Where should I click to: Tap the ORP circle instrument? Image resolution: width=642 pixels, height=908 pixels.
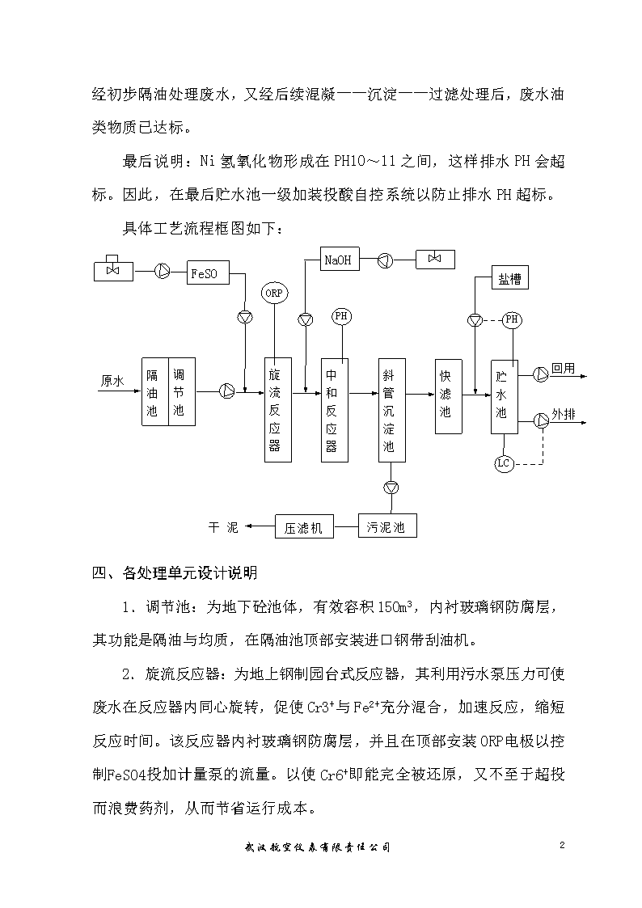click(274, 293)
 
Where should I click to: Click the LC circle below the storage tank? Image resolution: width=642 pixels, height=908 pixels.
click(504, 463)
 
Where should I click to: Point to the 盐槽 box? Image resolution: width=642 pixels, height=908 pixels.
click(510, 278)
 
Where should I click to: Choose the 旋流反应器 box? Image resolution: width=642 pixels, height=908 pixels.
click(278, 410)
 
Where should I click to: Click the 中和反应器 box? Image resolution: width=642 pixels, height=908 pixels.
click(335, 410)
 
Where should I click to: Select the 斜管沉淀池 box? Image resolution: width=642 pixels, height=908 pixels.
click(392, 410)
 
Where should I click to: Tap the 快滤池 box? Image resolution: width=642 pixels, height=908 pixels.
click(449, 396)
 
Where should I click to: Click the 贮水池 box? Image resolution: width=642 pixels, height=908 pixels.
click(505, 397)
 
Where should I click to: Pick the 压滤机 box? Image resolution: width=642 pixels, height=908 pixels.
click(305, 527)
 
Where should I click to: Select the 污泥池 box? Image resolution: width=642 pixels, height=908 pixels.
click(387, 526)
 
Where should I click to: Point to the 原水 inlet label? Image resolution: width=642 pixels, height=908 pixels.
click(112, 381)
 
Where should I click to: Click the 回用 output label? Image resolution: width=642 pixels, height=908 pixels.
click(564, 369)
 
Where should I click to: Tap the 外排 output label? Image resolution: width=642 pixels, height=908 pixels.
click(564, 414)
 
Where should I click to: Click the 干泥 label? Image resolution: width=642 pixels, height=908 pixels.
click(223, 527)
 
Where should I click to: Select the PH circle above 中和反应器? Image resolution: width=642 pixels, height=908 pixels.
click(341, 316)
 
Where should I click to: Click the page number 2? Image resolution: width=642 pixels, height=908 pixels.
click(562, 845)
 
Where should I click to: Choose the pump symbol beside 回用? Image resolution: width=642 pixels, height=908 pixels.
click(541, 374)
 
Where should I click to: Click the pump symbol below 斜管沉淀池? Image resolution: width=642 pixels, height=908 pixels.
click(392, 488)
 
